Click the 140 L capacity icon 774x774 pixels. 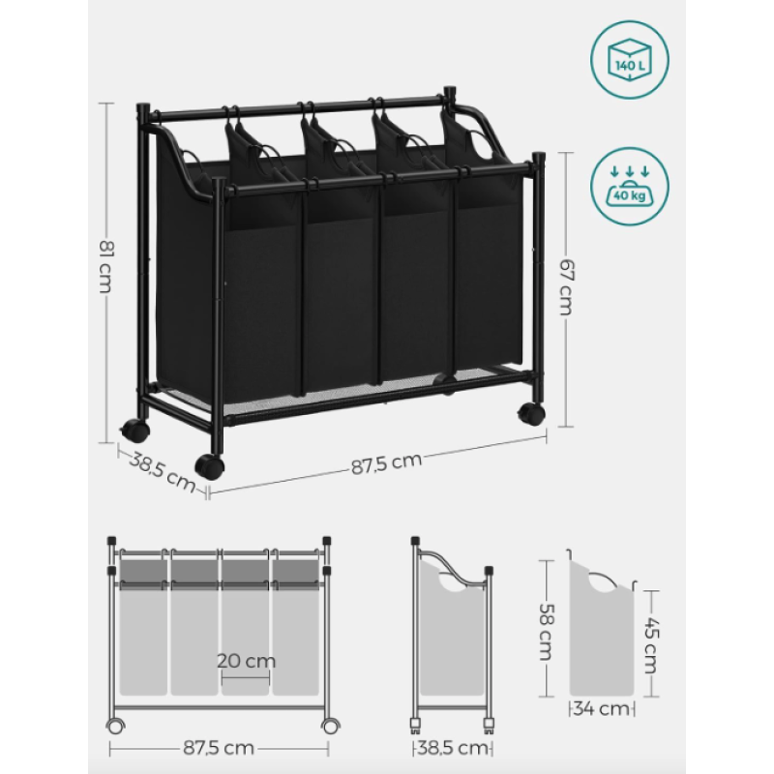pos(630,60)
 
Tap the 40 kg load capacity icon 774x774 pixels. pos(630,187)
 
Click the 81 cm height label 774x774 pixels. pos(105,267)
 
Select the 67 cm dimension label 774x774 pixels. pos(566,287)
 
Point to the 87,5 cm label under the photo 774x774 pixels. pos(386,463)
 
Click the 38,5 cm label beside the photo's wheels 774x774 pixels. pos(162,472)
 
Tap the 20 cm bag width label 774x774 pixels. pos(247,661)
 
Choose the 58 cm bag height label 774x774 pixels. pos(546,632)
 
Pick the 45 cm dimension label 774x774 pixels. pos(650,645)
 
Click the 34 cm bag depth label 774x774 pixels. pos(602,709)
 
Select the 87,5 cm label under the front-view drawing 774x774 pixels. pos(220,748)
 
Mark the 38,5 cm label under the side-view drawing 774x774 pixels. pos(453,748)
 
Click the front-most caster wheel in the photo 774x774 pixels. pos(209,465)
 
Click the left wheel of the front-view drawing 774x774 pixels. pos(115,727)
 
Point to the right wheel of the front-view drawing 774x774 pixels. pos(330,727)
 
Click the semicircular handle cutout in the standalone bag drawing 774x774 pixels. pos(602,581)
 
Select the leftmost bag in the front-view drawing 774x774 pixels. pos(143,627)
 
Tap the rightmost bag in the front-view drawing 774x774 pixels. pos(296,627)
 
